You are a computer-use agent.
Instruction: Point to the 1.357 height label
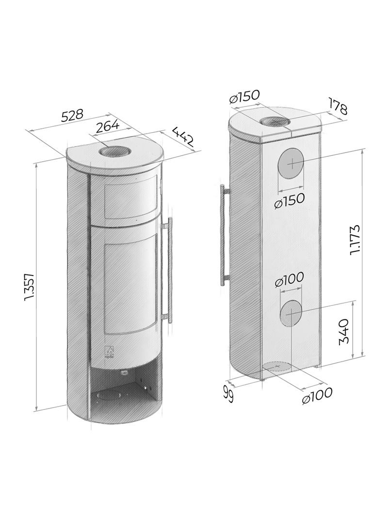(x=29, y=287)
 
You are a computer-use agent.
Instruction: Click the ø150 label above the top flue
(x=245, y=97)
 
